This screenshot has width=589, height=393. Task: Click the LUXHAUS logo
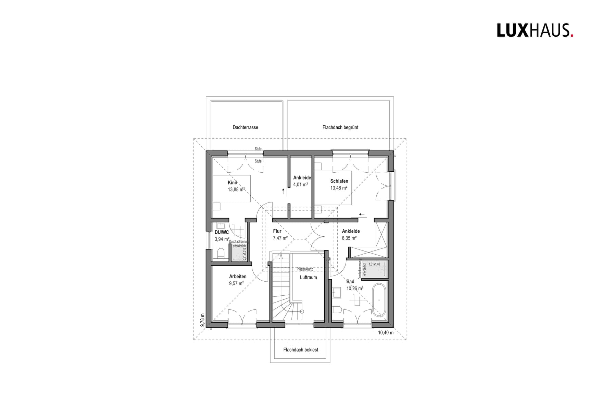pyautogui.click(x=535, y=30)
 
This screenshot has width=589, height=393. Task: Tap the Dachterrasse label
pyautogui.click(x=245, y=127)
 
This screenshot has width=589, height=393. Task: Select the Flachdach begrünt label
pyautogui.click(x=340, y=127)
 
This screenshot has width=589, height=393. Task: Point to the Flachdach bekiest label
pyautogui.click(x=300, y=350)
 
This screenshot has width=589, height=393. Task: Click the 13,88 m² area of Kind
pyautogui.click(x=236, y=189)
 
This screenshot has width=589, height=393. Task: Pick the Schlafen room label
pyautogui.click(x=339, y=181)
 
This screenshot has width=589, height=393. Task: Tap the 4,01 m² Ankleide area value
pyautogui.click(x=300, y=185)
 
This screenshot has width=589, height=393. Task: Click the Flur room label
pyautogui.click(x=277, y=231)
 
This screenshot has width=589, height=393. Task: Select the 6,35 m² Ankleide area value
pyautogui.click(x=349, y=238)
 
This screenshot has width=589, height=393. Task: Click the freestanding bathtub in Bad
pyautogui.click(x=379, y=300)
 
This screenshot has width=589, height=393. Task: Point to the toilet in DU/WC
pyautogui.click(x=221, y=254)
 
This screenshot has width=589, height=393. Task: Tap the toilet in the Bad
pyautogui.click(x=337, y=310)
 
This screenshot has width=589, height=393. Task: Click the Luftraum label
pyautogui.click(x=308, y=278)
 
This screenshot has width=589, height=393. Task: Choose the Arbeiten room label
pyautogui.click(x=238, y=277)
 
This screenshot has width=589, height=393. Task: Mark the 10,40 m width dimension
pyautogui.click(x=386, y=333)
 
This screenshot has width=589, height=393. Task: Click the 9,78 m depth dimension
pyautogui.click(x=203, y=320)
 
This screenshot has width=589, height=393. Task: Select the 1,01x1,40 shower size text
pyautogui.click(x=374, y=264)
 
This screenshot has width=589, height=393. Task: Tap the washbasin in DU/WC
pyautogui.click(x=221, y=226)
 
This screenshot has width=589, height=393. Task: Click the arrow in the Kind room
pyautogui.click(x=283, y=191)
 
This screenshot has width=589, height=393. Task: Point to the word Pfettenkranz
pyautogui.click(x=304, y=269)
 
